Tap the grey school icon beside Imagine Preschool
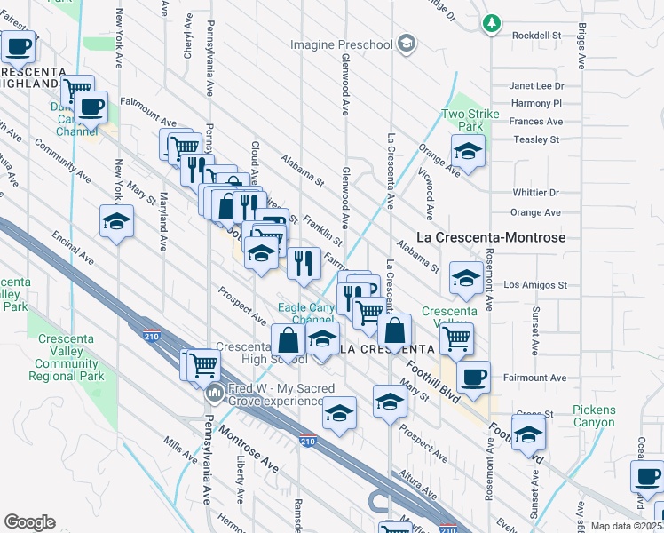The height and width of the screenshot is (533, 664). coord(406,44)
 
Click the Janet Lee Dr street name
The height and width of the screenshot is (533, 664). coord(536,86)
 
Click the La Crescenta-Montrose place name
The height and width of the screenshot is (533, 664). coord(491,238)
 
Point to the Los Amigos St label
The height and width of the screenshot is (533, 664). coord(534,285)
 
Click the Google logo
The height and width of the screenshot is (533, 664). coord(29,522)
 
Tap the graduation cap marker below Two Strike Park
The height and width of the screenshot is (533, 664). coord(467,152)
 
